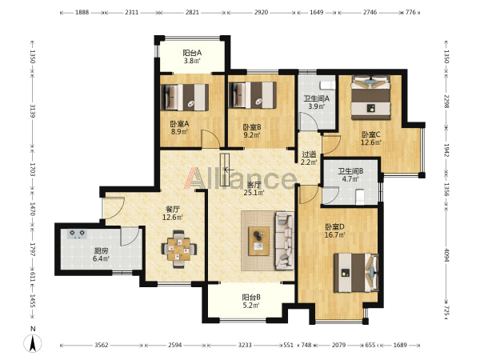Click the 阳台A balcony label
pyautogui.click(x=192, y=57)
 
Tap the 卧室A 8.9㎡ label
pyautogui.click(x=179, y=128)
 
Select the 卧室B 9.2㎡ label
pyautogui.click(x=252, y=130)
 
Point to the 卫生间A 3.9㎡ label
pyautogui.click(x=316, y=102)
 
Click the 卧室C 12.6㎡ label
pyautogui.click(x=371, y=138)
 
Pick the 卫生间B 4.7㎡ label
pyautogui.click(x=350, y=174)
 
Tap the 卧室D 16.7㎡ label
pyautogui.click(x=335, y=231)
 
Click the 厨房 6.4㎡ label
pyautogui.click(x=101, y=254)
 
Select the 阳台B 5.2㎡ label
pyautogui.click(x=251, y=302)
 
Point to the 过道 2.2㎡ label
pyautogui.click(x=309, y=158)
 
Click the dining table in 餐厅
pyautogui.click(x=179, y=249)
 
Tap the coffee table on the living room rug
pyautogui.click(x=259, y=241)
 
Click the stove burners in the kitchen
pyautogui.click(x=77, y=234)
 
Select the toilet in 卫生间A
pyautogui.click(x=327, y=85)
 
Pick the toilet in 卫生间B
pyautogui.click(x=360, y=197)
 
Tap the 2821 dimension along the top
pyautogui.click(x=192, y=13)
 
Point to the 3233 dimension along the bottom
pyautogui.click(x=245, y=346)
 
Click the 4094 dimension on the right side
pyautogui.click(x=446, y=255)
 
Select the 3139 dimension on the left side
pyautogui.click(x=33, y=111)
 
